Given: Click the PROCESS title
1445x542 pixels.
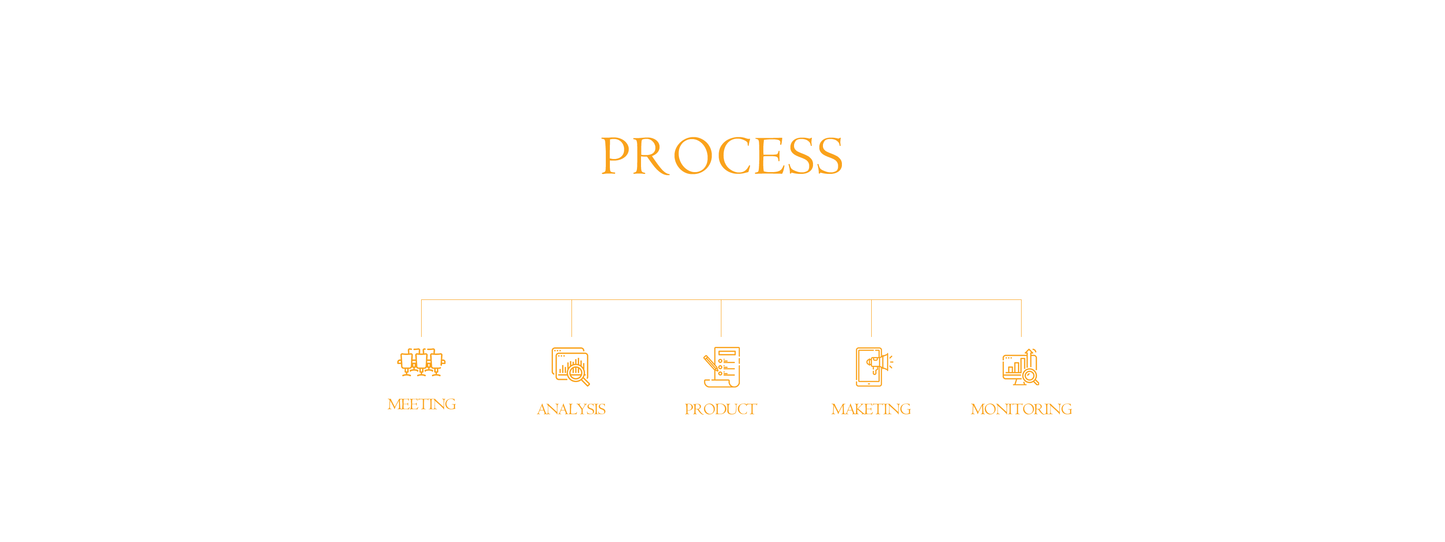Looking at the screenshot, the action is pyautogui.click(x=722, y=156).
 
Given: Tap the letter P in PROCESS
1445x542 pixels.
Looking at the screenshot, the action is pyautogui.click(x=615, y=156).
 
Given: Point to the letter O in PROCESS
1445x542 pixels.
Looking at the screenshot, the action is pyautogui.click(x=693, y=156).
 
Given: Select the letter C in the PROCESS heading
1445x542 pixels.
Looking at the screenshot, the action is pyautogui.click(x=735, y=156).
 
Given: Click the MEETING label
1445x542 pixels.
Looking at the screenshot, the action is pyautogui.click(x=421, y=405).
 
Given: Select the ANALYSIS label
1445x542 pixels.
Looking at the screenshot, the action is pyautogui.click(x=571, y=410).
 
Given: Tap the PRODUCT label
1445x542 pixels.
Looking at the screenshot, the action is pyautogui.click(x=721, y=410).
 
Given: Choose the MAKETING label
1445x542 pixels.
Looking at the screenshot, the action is pyautogui.click(x=871, y=410).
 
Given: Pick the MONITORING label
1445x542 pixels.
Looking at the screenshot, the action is pyautogui.click(x=1021, y=410).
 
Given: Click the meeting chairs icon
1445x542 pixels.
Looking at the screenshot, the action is pyautogui.click(x=421, y=362).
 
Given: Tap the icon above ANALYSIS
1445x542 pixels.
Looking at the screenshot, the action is pyautogui.click(x=571, y=367).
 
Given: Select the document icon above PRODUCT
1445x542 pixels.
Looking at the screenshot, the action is pyautogui.click(x=722, y=367).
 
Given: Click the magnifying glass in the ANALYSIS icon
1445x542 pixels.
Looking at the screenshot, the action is pyautogui.click(x=578, y=374).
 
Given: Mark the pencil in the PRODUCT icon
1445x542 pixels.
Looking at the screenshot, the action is pyautogui.click(x=711, y=363).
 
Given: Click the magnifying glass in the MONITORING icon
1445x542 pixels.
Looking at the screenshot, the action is pyautogui.click(x=1031, y=377).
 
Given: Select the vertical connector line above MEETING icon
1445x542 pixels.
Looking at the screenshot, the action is pyautogui.click(x=421, y=318).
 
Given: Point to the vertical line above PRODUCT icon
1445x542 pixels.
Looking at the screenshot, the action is pyautogui.click(x=721, y=318).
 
